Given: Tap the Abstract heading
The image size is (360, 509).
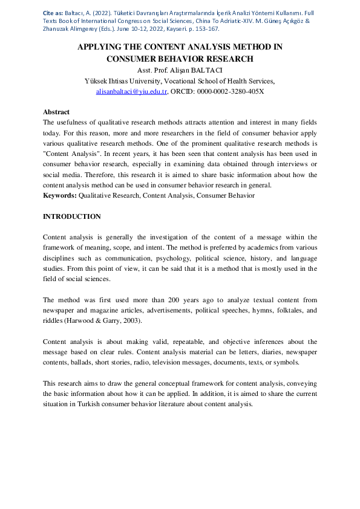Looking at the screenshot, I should (56, 112).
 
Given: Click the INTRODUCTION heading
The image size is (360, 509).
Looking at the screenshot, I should (72, 216).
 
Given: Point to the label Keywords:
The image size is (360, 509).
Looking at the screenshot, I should (60, 195).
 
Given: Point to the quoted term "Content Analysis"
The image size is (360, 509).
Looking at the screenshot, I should (68, 154).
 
